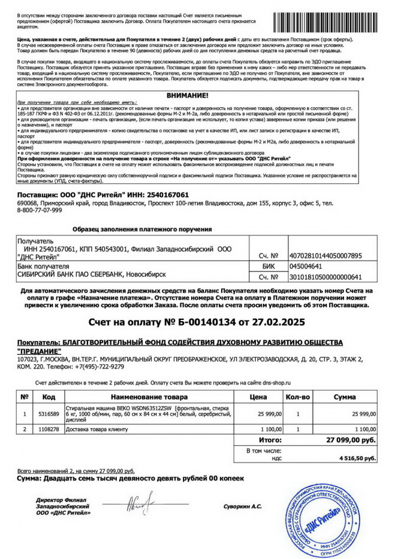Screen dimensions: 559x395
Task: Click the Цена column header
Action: pyautogui.click(x=258, y=397)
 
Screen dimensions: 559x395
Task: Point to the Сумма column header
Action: pyautogui.click(x=348, y=397)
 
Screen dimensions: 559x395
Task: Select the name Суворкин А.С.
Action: pyautogui.click(x=242, y=507)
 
